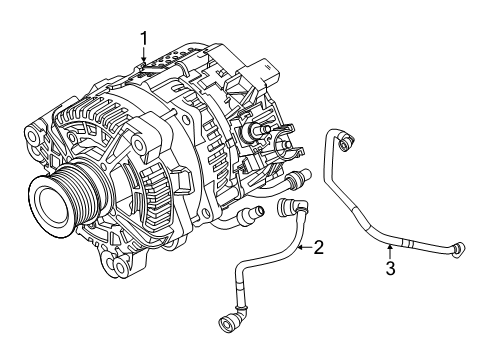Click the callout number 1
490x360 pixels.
(144, 39)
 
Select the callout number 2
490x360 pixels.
(318, 247)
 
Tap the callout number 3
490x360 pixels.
(390, 268)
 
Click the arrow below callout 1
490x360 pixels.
(144, 55)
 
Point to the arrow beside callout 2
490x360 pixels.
(305, 247)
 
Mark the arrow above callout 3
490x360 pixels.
(390, 252)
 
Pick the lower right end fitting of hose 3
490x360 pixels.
(458, 250)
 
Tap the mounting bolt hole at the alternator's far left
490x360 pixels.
(32, 136)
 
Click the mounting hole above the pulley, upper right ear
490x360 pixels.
(138, 143)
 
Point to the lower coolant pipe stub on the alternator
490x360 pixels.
(250, 213)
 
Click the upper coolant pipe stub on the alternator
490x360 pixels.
(299, 177)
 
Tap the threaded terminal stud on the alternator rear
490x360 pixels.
(258, 129)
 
